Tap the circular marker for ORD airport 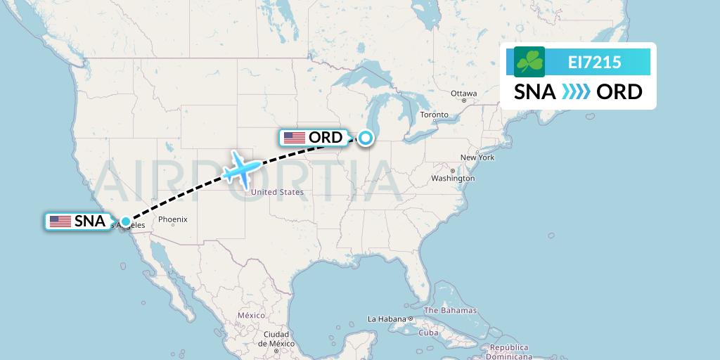click(x=366, y=138)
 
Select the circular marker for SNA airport click(x=125, y=221)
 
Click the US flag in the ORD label click(x=295, y=138)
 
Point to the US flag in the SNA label click(x=60, y=221)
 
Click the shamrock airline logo click(x=529, y=62)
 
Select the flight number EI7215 click(x=594, y=63)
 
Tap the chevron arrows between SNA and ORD click(x=576, y=92)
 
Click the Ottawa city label click(x=463, y=94)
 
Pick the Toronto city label click(x=434, y=115)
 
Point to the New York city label click(x=477, y=157)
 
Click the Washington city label click(x=453, y=179)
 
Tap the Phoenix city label click(x=172, y=219)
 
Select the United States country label click(x=277, y=192)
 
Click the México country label click(x=250, y=316)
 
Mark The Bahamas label click(x=450, y=310)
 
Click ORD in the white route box click(x=619, y=92)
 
